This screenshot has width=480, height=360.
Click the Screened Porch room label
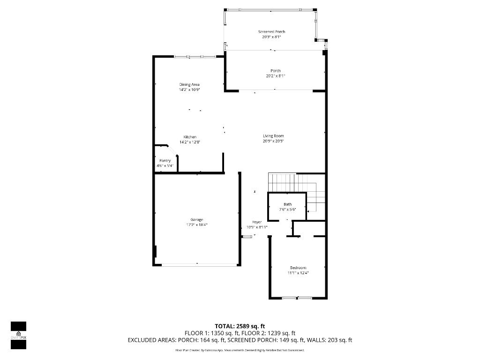click(x=271, y=32)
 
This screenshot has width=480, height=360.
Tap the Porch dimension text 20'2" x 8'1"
click(x=275, y=76)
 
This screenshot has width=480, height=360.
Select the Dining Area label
click(x=189, y=84)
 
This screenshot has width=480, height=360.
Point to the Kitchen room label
click(x=190, y=137)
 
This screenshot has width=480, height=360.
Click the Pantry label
click(x=165, y=161)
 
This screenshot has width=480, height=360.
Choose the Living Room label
click(x=273, y=136)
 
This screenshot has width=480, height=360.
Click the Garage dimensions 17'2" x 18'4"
click(x=196, y=225)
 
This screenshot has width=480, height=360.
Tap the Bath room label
click(x=287, y=204)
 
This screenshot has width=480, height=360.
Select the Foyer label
click(x=257, y=222)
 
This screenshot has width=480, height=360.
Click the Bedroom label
click(x=298, y=268)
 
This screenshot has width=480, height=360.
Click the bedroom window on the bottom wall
click(x=297, y=298)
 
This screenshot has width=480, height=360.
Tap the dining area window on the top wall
click(x=195, y=57)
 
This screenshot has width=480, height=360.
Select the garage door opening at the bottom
click(x=199, y=265)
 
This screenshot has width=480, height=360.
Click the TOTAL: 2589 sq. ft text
click(x=240, y=326)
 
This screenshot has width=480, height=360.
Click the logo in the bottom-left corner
click(x=18, y=335)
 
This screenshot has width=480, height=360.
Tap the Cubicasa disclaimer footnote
click(x=240, y=350)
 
